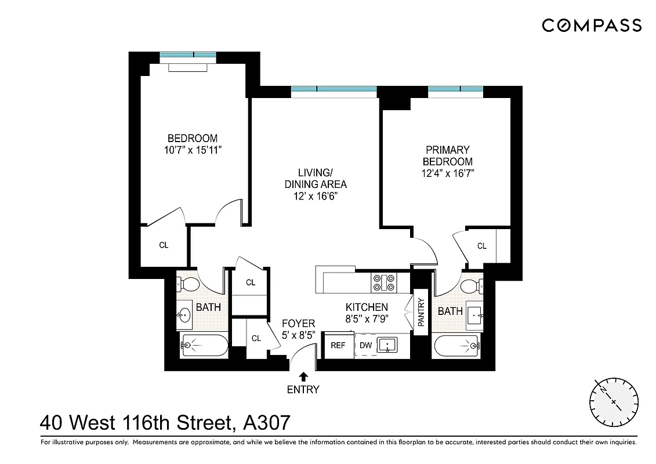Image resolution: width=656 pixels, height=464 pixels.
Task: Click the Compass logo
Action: [x=592, y=26]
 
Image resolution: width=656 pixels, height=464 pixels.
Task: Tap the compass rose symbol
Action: [x=614, y=401]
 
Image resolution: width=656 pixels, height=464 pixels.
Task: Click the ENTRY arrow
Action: [x=303, y=377]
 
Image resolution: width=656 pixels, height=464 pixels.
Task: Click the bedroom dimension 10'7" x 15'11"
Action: [x=193, y=150]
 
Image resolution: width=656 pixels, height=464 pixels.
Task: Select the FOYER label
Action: [x=298, y=324]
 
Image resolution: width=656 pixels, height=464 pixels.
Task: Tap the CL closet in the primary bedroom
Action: [x=482, y=246]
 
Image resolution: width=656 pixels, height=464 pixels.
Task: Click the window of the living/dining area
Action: [x=334, y=90]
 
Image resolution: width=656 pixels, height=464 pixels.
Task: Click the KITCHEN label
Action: [x=367, y=307]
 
